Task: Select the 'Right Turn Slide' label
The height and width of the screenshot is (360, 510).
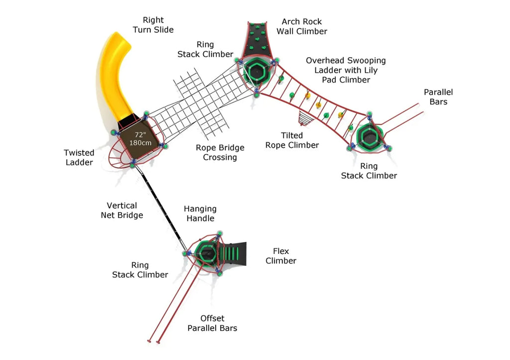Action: click(x=153, y=25)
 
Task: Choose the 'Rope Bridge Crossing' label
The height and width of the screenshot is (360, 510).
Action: click(x=220, y=152)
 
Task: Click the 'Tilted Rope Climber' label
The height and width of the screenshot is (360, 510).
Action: click(x=292, y=140)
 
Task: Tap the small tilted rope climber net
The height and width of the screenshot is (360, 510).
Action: click(x=304, y=119)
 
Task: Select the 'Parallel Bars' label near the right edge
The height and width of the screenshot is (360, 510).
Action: click(x=438, y=97)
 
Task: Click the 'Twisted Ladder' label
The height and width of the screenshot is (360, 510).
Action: click(x=79, y=157)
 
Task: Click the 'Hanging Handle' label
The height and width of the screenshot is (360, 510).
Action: click(x=200, y=214)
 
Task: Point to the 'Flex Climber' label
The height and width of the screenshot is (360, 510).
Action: click(x=280, y=256)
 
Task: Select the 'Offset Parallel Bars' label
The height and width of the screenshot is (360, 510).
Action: click(x=212, y=323)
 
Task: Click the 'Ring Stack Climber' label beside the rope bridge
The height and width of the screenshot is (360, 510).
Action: click(x=205, y=49)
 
